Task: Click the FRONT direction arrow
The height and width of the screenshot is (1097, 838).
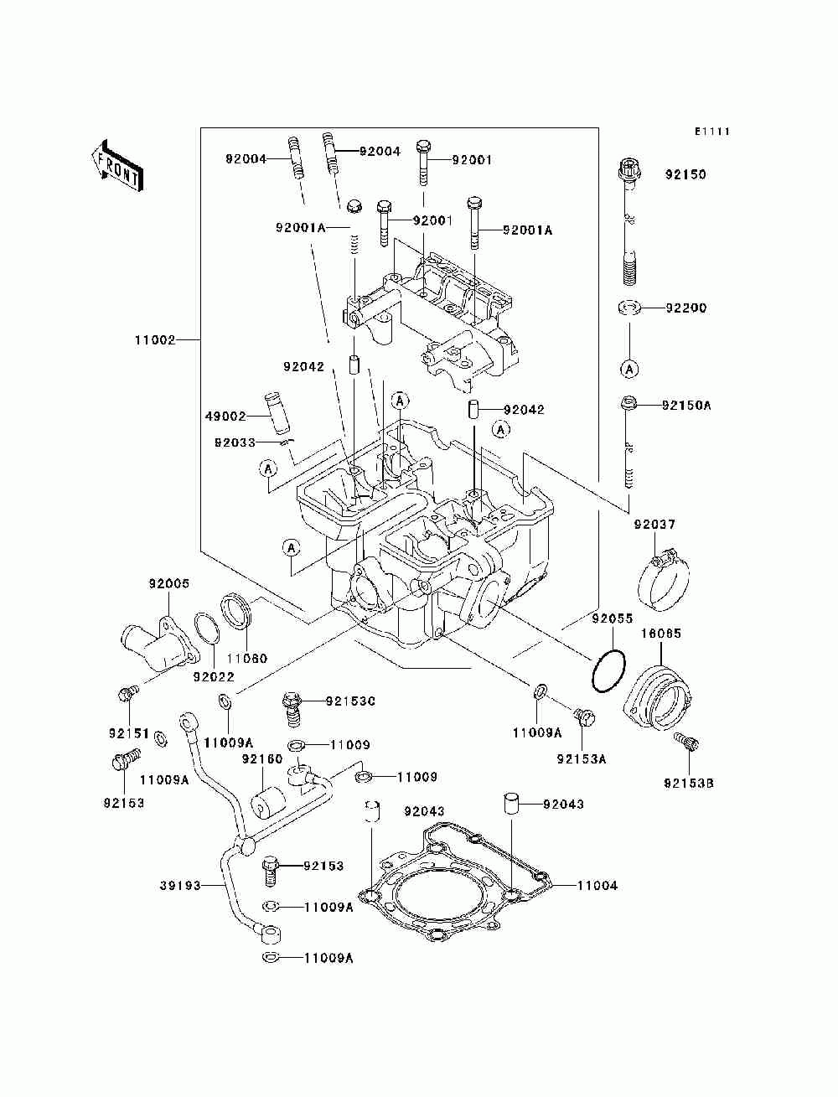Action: coord(117,166)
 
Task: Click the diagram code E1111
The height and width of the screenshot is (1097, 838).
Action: coord(712,132)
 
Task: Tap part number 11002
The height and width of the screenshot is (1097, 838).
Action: coord(155,340)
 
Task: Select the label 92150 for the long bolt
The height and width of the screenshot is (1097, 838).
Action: coord(685,174)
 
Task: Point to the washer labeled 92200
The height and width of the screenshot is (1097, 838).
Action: coord(629,308)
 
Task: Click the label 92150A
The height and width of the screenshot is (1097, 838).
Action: coord(686,406)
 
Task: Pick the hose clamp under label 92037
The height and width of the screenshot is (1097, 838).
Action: coord(663,580)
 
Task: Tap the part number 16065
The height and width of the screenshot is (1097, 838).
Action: coord(660,634)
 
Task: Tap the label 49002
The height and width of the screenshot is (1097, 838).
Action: coord(225,416)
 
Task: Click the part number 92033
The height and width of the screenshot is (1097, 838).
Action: coord(235,442)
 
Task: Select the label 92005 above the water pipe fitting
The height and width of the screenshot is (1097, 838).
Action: coord(169,583)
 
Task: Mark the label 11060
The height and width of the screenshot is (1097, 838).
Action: coord(247,658)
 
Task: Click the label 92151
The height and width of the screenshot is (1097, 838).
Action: coord(129,733)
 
